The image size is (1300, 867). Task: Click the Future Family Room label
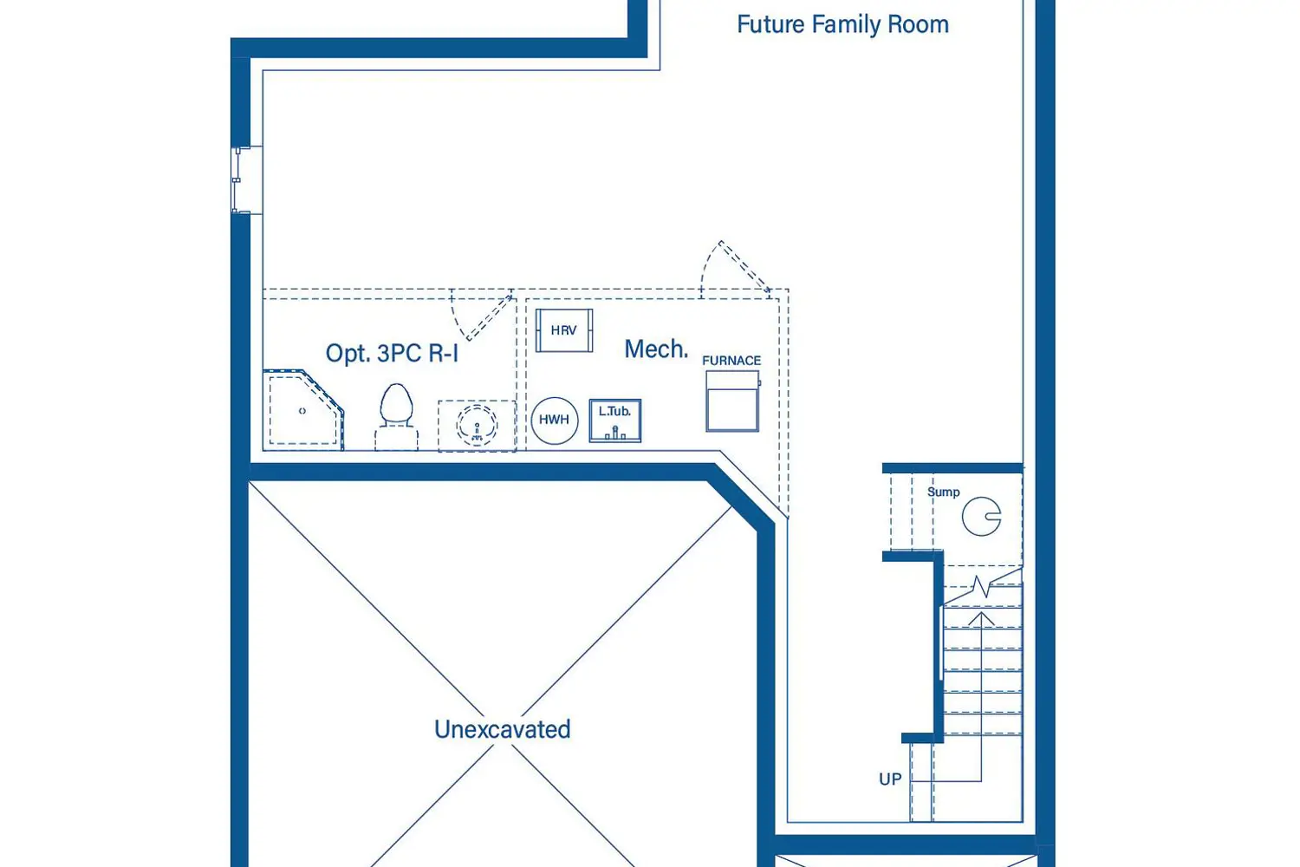pyautogui.click(x=842, y=25)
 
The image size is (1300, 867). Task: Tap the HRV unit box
pyautogui.click(x=564, y=330)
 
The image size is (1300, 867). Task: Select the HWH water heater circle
pyautogui.click(x=555, y=420)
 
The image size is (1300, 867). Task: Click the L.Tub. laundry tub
pyautogui.click(x=615, y=420)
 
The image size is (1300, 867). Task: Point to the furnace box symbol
pyautogui.click(x=732, y=401)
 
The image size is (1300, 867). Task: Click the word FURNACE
pyautogui.click(x=731, y=361)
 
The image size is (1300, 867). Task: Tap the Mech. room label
pyautogui.click(x=656, y=349)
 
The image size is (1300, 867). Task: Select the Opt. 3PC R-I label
pyautogui.click(x=392, y=353)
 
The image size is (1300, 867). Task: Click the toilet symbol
pyautogui.click(x=396, y=417)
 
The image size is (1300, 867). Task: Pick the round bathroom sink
pyautogui.click(x=477, y=425)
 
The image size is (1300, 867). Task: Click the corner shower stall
pyautogui.click(x=303, y=410)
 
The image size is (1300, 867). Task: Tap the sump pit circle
pyautogui.click(x=981, y=516)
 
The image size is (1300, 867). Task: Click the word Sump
pyautogui.click(x=944, y=492)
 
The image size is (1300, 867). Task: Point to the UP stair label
pyautogui.click(x=890, y=779)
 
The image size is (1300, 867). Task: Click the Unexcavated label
pyautogui.click(x=503, y=729)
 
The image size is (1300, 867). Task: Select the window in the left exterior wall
pyautogui.click(x=241, y=180)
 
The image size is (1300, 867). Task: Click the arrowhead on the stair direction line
pyautogui.click(x=981, y=618)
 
